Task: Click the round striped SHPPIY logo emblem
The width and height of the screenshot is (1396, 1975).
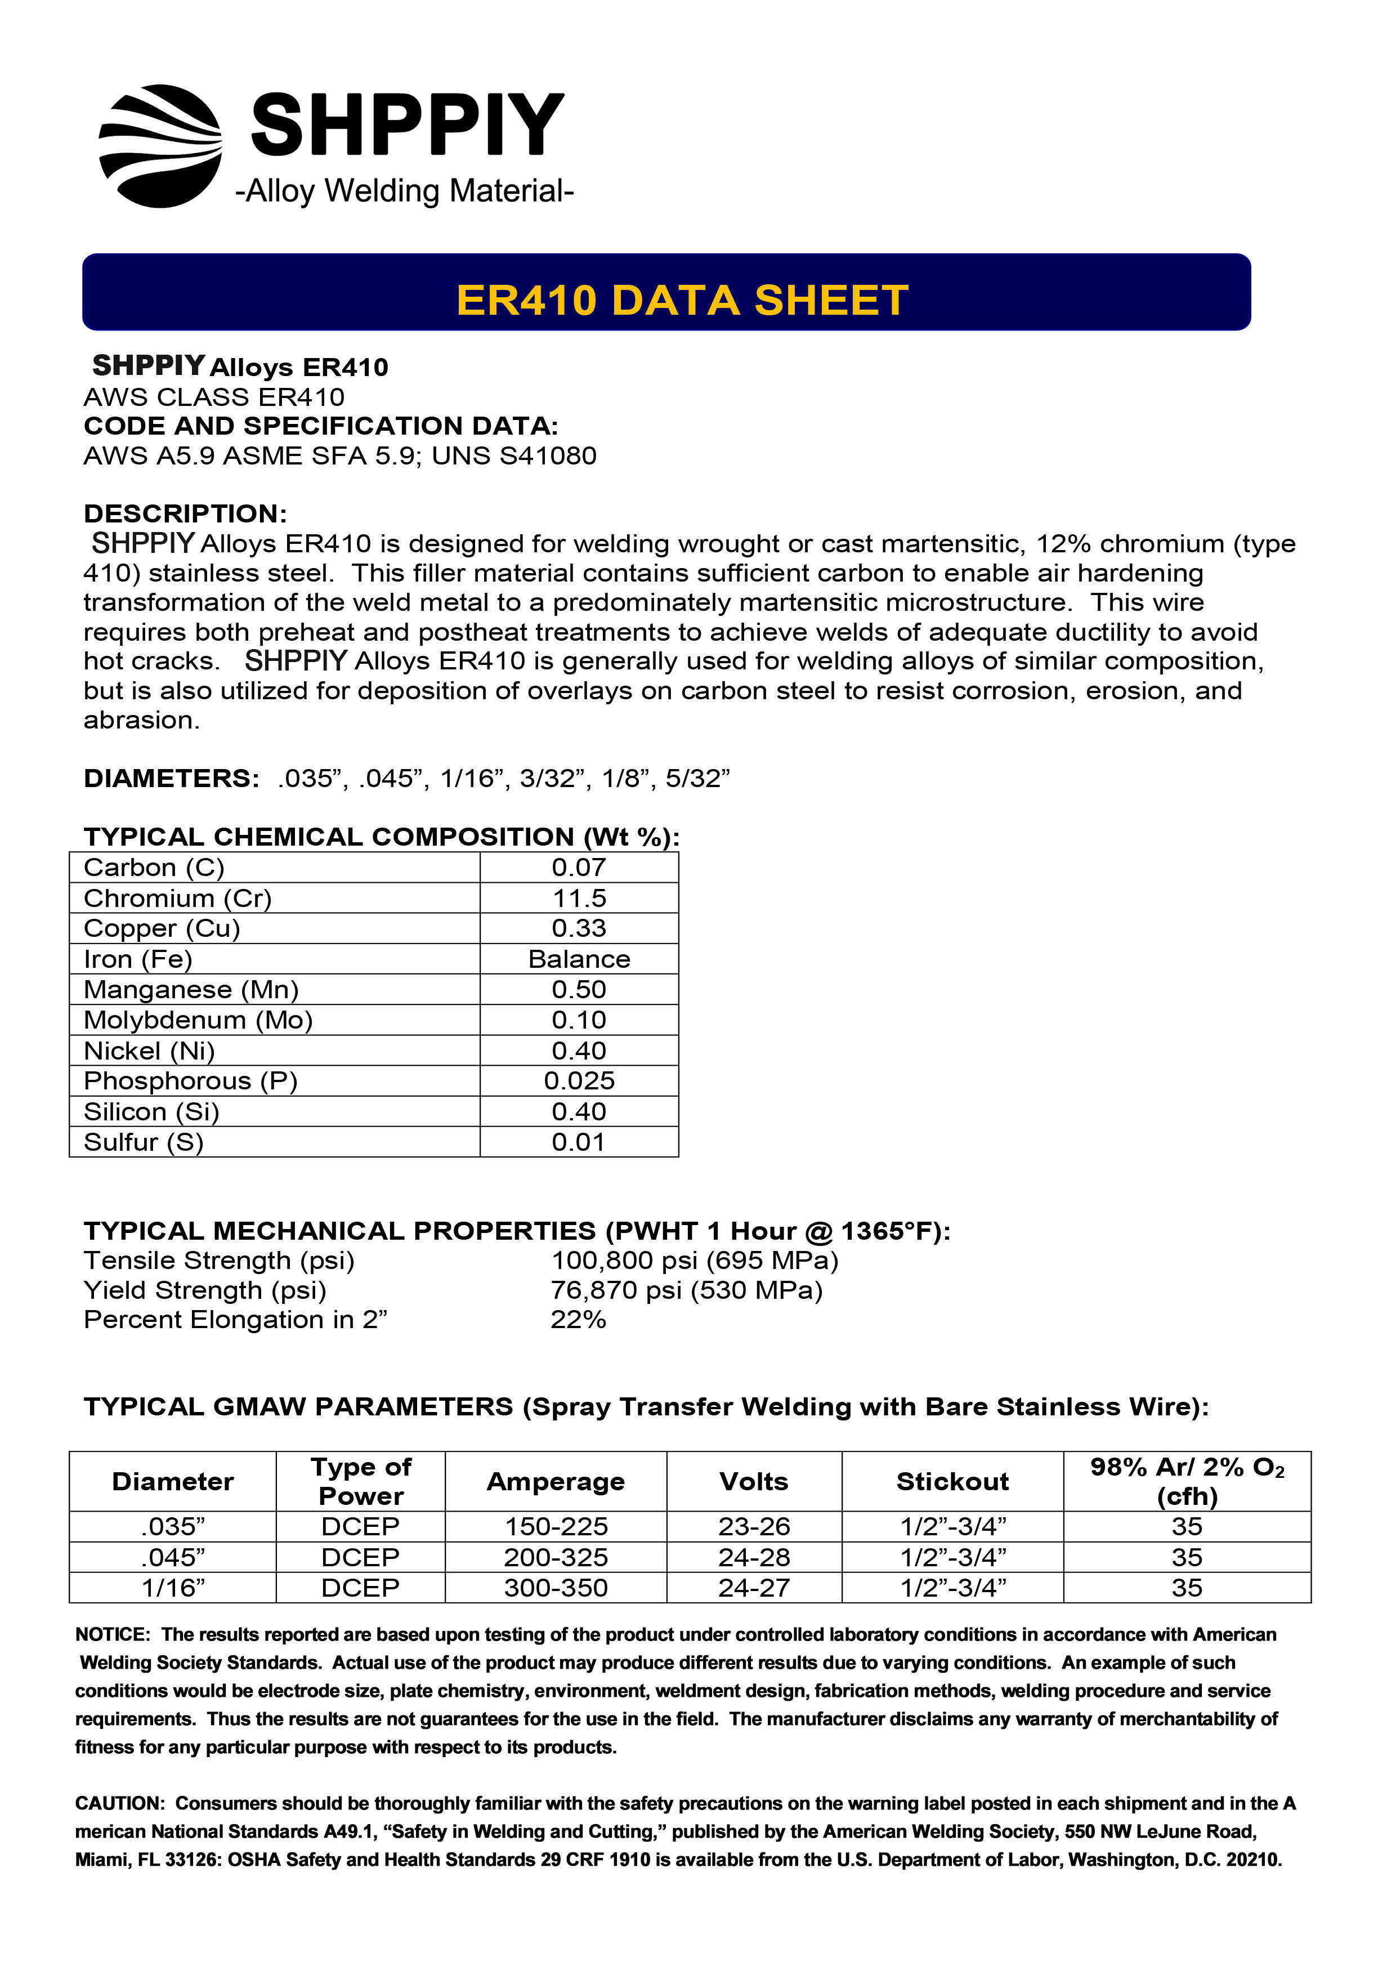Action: [x=161, y=146]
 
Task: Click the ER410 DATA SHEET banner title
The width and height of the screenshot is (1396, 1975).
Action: [x=682, y=300]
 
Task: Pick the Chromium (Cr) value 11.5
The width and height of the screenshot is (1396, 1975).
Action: [x=579, y=898]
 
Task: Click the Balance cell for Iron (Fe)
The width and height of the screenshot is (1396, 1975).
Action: [x=579, y=959]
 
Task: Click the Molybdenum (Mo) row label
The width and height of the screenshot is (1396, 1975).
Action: [x=198, y=1020]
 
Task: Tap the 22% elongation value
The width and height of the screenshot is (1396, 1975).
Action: [x=578, y=1320]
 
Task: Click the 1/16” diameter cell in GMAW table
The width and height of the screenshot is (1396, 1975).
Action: [x=173, y=1587]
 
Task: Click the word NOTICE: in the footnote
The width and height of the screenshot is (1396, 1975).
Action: [x=113, y=1634]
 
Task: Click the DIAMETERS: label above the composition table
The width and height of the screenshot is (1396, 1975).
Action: [x=171, y=779]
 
